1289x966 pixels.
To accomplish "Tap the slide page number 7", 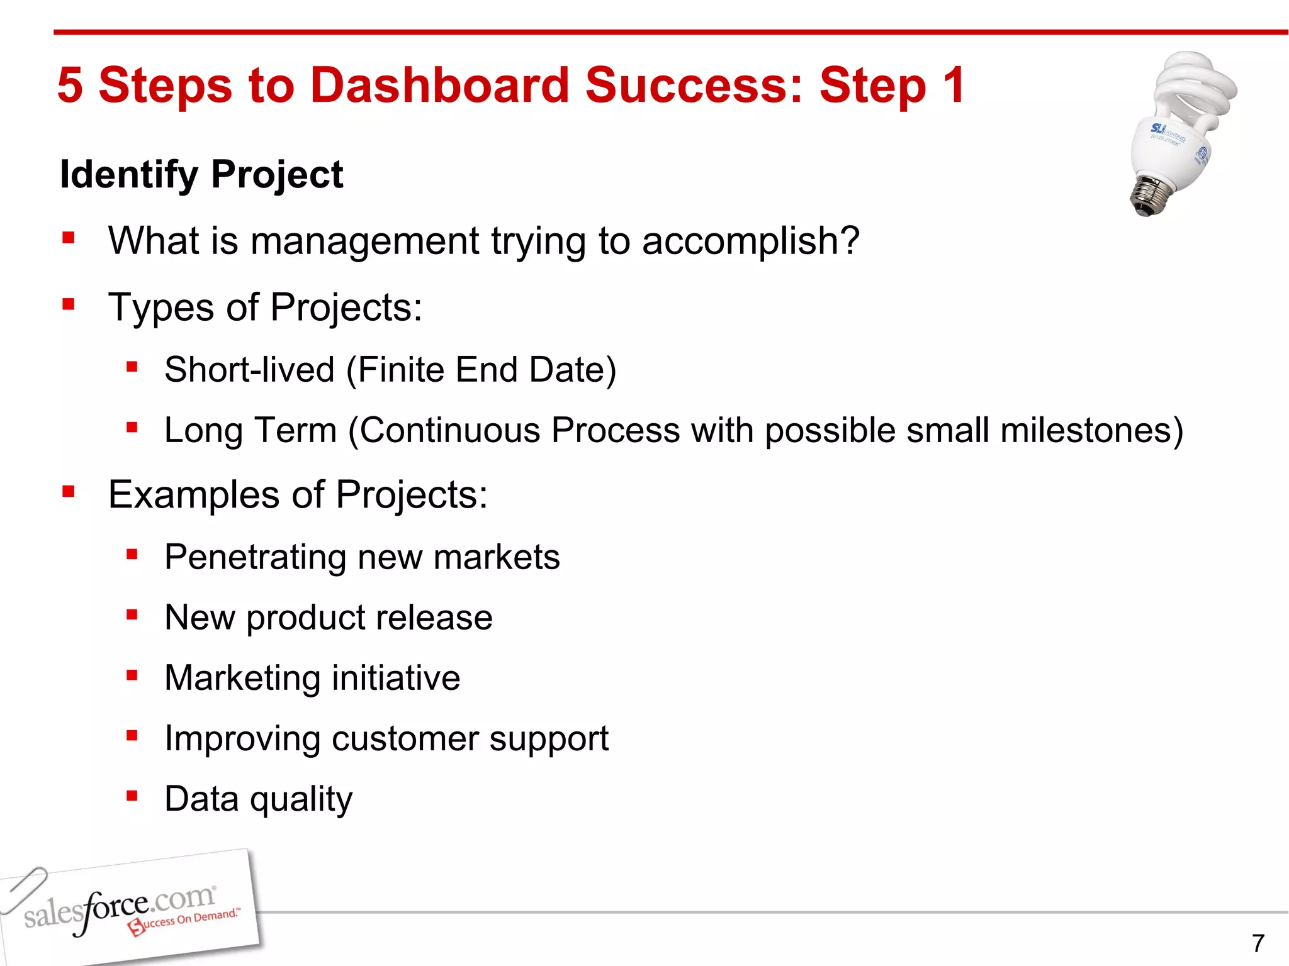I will pos(1258,943).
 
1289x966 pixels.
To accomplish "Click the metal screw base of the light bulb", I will pos(1152,195).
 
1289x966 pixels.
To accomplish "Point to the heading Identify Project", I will pos(201,174).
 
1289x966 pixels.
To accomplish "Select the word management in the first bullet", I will pos(364,241).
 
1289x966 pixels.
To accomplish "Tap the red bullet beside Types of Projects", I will pos(69,305).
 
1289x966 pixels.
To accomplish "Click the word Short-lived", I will pos(249,369).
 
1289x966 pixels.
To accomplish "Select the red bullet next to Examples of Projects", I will pos(69,491).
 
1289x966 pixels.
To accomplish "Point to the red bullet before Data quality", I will pos(132,796).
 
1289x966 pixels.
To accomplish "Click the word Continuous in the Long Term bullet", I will pos(449,431).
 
